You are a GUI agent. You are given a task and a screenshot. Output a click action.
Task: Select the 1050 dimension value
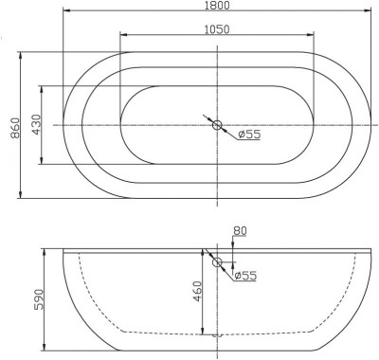(217, 29)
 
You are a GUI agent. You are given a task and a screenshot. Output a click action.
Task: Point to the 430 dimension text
(34, 125)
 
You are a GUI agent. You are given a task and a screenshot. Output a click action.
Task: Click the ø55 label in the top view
(248, 135)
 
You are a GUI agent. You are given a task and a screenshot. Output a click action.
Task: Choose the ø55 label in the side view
(245, 276)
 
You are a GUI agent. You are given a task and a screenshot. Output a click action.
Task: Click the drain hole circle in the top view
(217, 125)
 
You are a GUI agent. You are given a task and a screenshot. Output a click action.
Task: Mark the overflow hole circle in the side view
(217, 262)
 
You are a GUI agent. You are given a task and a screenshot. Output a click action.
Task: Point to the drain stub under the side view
(217, 334)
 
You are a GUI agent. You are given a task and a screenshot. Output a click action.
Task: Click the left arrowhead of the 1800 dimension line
(66, 12)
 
